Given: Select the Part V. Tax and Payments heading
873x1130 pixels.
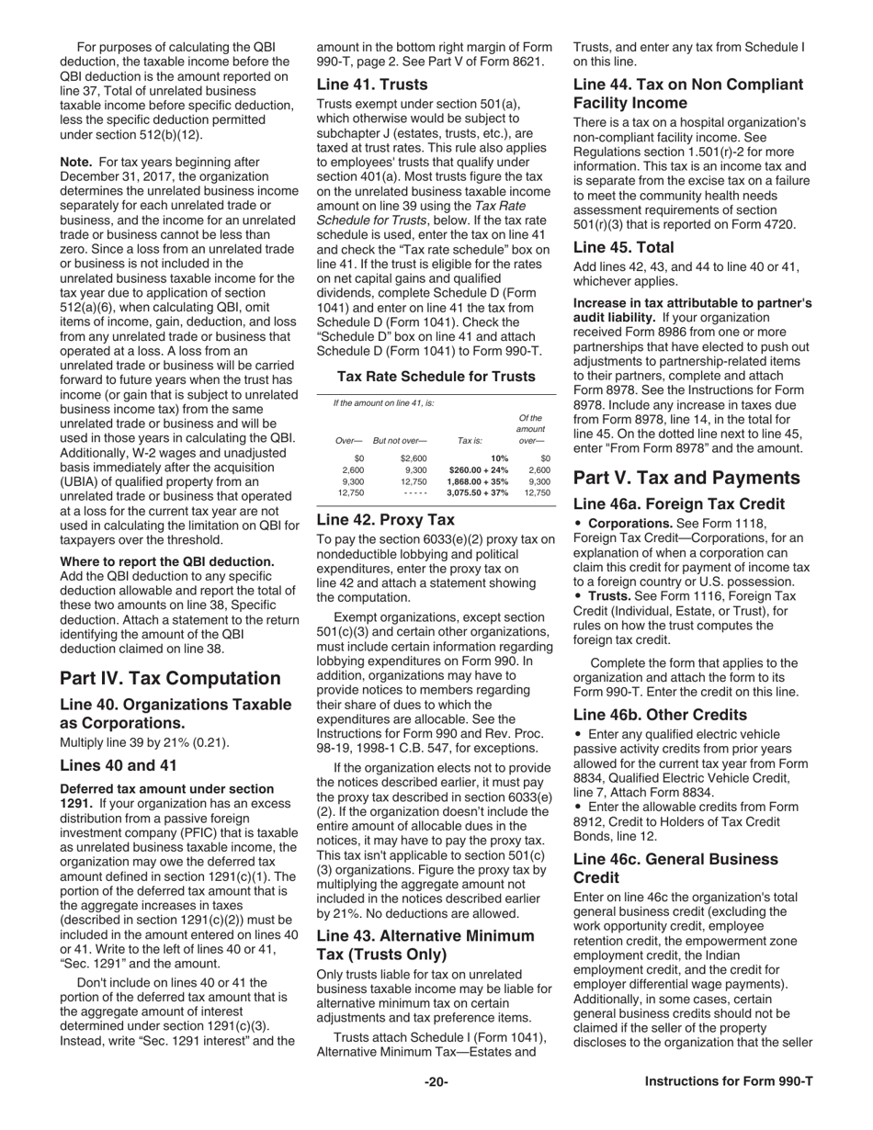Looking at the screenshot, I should [x=686, y=478].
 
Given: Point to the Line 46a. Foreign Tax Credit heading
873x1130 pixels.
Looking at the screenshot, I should [x=678, y=503].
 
